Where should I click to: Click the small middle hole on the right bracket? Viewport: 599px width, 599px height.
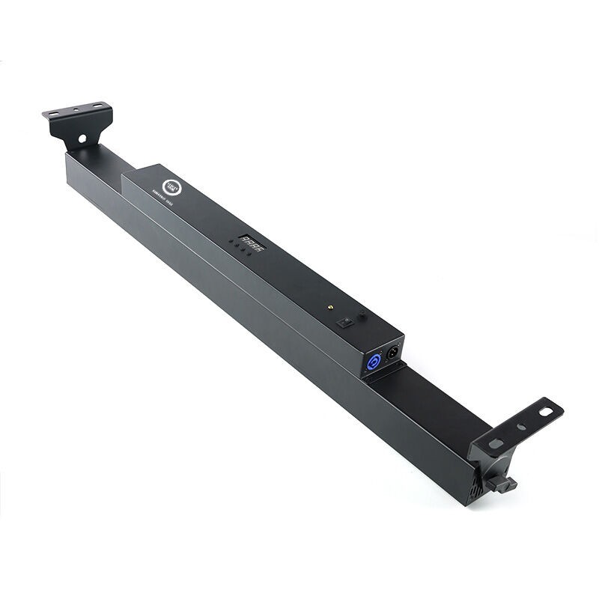518,430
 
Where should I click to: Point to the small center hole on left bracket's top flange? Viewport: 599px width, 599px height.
76,110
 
